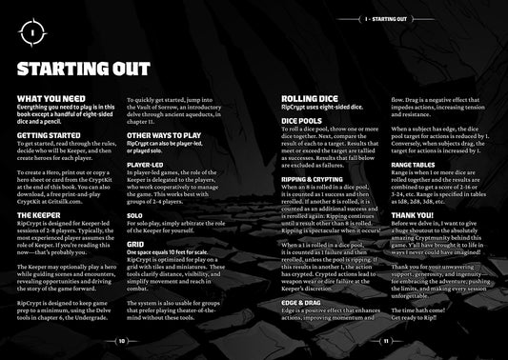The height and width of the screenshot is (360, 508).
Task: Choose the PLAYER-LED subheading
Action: tap(146, 164)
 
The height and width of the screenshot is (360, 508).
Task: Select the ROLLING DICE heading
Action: tap(316, 98)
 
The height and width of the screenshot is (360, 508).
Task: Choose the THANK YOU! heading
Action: tap(415, 214)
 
